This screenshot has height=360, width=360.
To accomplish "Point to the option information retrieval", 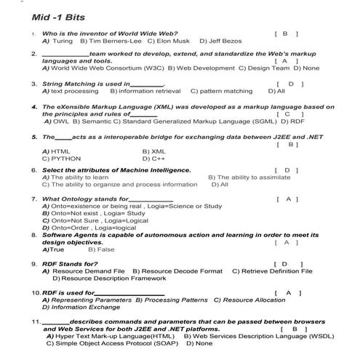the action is [150, 92].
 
